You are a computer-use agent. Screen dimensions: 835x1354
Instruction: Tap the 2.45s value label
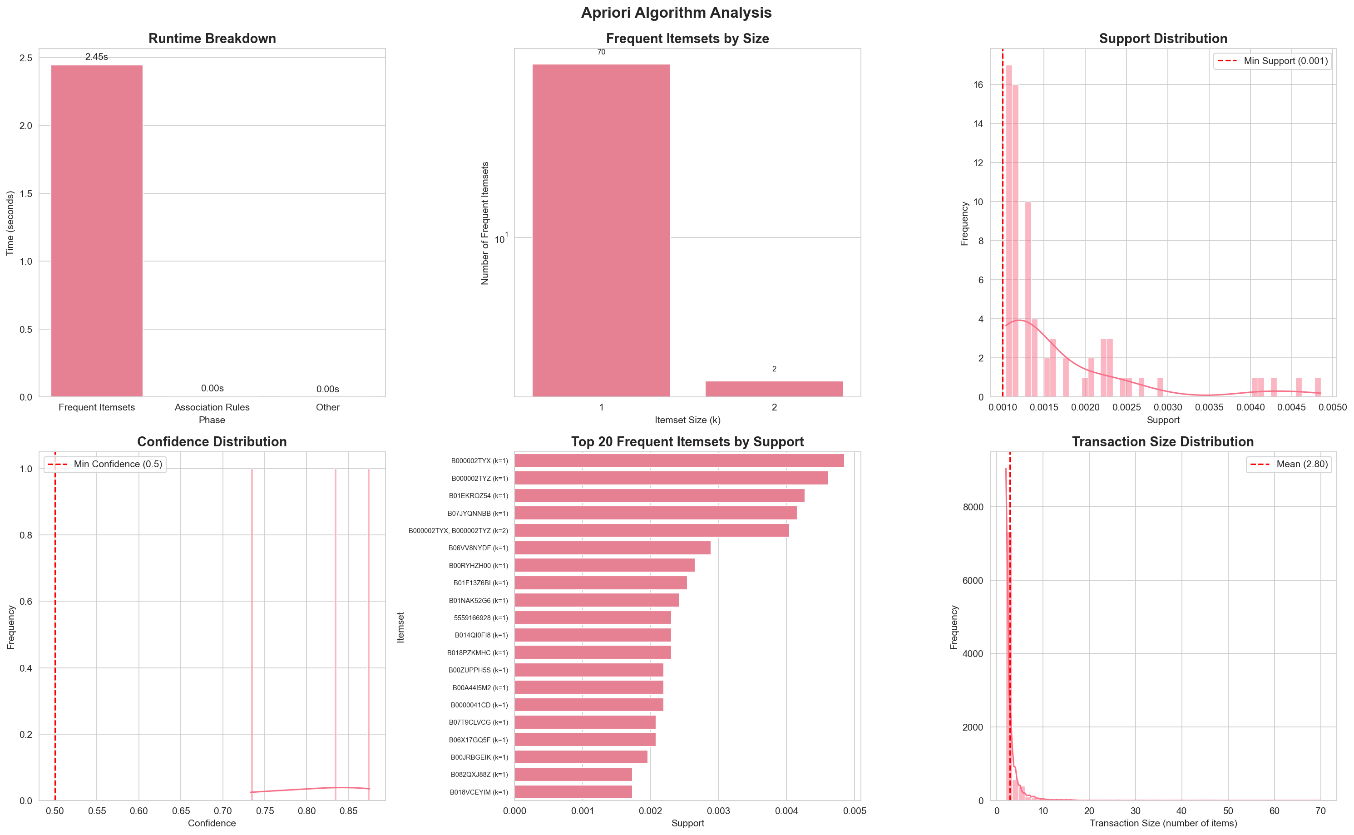pyautogui.click(x=97, y=57)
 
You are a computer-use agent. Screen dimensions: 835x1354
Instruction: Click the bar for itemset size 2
pyautogui.click(x=774, y=389)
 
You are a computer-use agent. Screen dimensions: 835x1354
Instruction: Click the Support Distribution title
pyautogui.click(x=1162, y=39)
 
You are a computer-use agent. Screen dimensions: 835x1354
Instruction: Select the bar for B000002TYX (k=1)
pyautogui.click(x=679, y=460)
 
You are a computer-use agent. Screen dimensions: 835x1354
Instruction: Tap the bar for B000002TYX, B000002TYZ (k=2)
pyautogui.click(x=652, y=531)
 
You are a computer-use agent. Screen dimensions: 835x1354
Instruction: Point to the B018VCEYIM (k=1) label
pyautogui.click(x=479, y=792)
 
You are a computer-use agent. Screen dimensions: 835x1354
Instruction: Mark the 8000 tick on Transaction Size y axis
pyautogui.click(x=973, y=507)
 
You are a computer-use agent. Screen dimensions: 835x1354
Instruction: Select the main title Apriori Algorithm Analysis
pyautogui.click(x=676, y=13)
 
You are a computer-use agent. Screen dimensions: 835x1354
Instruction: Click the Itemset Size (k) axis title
pyautogui.click(x=687, y=420)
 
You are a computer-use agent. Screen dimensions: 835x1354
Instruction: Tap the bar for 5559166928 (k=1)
pyautogui.click(x=593, y=618)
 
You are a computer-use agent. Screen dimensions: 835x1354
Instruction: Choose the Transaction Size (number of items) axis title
pyautogui.click(x=1162, y=823)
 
